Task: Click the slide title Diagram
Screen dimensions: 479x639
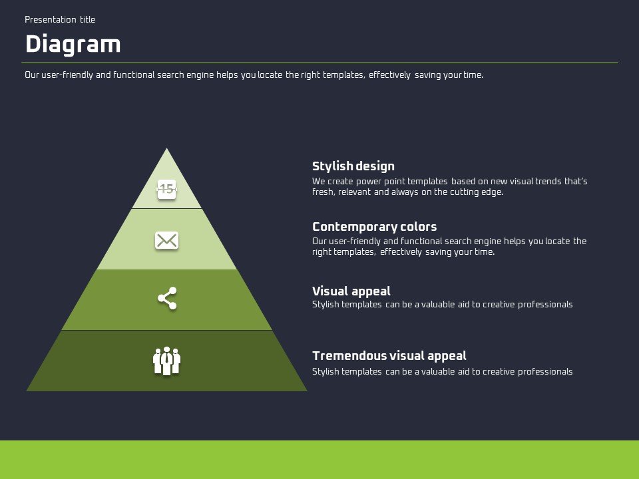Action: (x=73, y=45)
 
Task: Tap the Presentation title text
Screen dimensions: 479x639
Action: (x=60, y=20)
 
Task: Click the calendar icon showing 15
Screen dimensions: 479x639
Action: (x=166, y=189)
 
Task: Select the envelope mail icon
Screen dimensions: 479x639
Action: (x=166, y=240)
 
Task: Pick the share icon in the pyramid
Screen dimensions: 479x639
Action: (x=167, y=298)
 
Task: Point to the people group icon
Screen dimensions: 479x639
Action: (x=166, y=361)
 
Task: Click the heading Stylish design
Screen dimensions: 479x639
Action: (x=353, y=166)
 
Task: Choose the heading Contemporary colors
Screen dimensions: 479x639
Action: (x=374, y=227)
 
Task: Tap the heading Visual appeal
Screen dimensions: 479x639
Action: (x=351, y=291)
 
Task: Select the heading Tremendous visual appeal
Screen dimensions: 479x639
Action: (x=389, y=356)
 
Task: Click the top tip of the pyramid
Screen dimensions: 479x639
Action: (x=166, y=150)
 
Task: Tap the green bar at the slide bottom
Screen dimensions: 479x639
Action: (x=319, y=460)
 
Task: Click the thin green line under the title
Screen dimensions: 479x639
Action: (x=319, y=63)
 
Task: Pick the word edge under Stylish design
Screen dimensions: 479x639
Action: (x=493, y=192)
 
